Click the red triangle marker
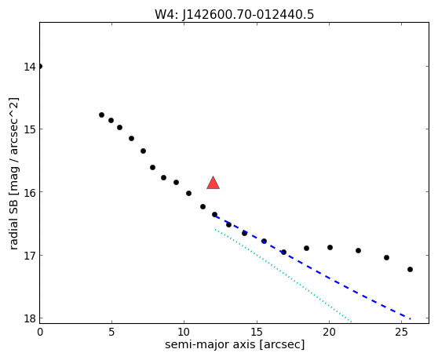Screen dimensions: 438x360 [x=214, y=183]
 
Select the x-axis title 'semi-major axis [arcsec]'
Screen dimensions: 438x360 [x=235, y=344]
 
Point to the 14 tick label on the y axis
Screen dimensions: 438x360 [x=30, y=67]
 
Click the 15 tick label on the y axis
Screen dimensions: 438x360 [x=30, y=129]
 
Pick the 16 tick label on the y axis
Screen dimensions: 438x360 [x=30, y=192]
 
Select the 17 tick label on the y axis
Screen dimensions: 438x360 [x=30, y=256]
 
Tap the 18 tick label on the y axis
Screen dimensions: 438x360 [x=30, y=318]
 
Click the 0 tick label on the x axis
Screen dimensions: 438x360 [x=40, y=333]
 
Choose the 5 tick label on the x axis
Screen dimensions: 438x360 [x=111, y=333]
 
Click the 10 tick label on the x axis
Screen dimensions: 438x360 [x=184, y=333]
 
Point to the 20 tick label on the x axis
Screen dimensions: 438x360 [x=329, y=333]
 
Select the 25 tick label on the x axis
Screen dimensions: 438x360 [x=401, y=333]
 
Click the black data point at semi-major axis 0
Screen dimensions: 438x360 [x=40, y=66]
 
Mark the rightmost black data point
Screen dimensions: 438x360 [x=410, y=269]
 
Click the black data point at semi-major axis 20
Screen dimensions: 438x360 [x=330, y=247]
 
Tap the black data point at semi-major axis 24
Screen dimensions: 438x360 [x=387, y=257]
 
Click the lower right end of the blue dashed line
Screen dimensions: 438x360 [x=410, y=318]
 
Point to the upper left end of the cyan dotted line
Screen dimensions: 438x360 [x=215, y=230]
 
